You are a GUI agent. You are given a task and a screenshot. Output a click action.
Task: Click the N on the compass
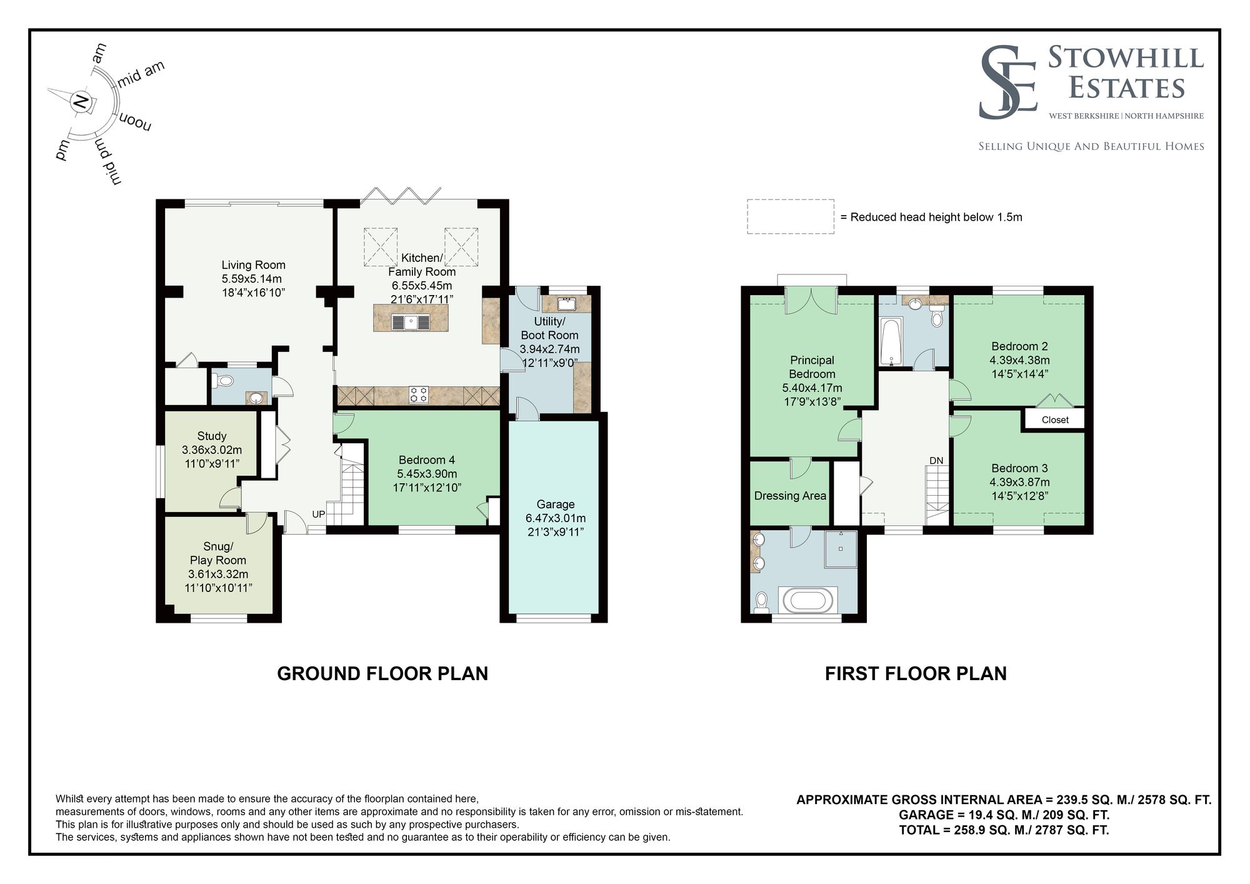[x=81, y=101]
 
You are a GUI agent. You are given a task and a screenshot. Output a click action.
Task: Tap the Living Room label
[x=253, y=265]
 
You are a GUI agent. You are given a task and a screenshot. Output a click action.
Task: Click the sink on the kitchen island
[x=411, y=323]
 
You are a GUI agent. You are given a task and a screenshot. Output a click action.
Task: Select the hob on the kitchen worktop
[x=419, y=394]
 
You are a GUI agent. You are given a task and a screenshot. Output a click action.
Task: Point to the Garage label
[x=555, y=504]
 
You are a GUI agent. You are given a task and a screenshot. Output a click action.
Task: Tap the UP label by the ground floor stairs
[x=319, y=515]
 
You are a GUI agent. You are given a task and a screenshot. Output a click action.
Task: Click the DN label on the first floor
[x=936, y=461]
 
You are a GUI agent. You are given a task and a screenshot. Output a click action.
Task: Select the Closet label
[x=1055, y=420]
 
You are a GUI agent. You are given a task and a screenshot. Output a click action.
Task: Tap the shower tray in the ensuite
[x=841, y=548]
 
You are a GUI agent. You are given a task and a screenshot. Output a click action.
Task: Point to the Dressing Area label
[x=790, y=496]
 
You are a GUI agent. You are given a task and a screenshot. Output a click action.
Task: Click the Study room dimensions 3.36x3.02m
[x=211, y=450]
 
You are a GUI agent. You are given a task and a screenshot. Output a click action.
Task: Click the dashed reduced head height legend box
[x=790, y=217]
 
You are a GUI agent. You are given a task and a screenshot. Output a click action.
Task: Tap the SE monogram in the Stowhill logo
[x=1007, y=83]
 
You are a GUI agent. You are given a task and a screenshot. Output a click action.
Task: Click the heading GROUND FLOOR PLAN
[x=382, y=673]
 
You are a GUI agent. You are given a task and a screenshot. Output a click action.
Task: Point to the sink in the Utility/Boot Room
[x=567, y=304]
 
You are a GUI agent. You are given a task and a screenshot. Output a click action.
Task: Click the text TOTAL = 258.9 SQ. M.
[x=963, y=830]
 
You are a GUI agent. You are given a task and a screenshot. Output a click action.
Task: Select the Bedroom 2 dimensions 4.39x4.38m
[x=1019, y=360]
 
